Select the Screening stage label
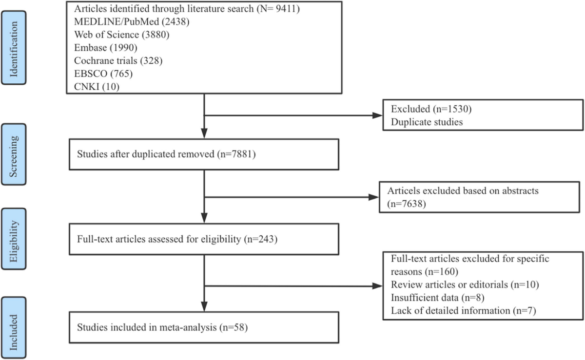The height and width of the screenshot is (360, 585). (x=19, y=154)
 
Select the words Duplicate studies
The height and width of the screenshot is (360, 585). (x=427, y=122)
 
